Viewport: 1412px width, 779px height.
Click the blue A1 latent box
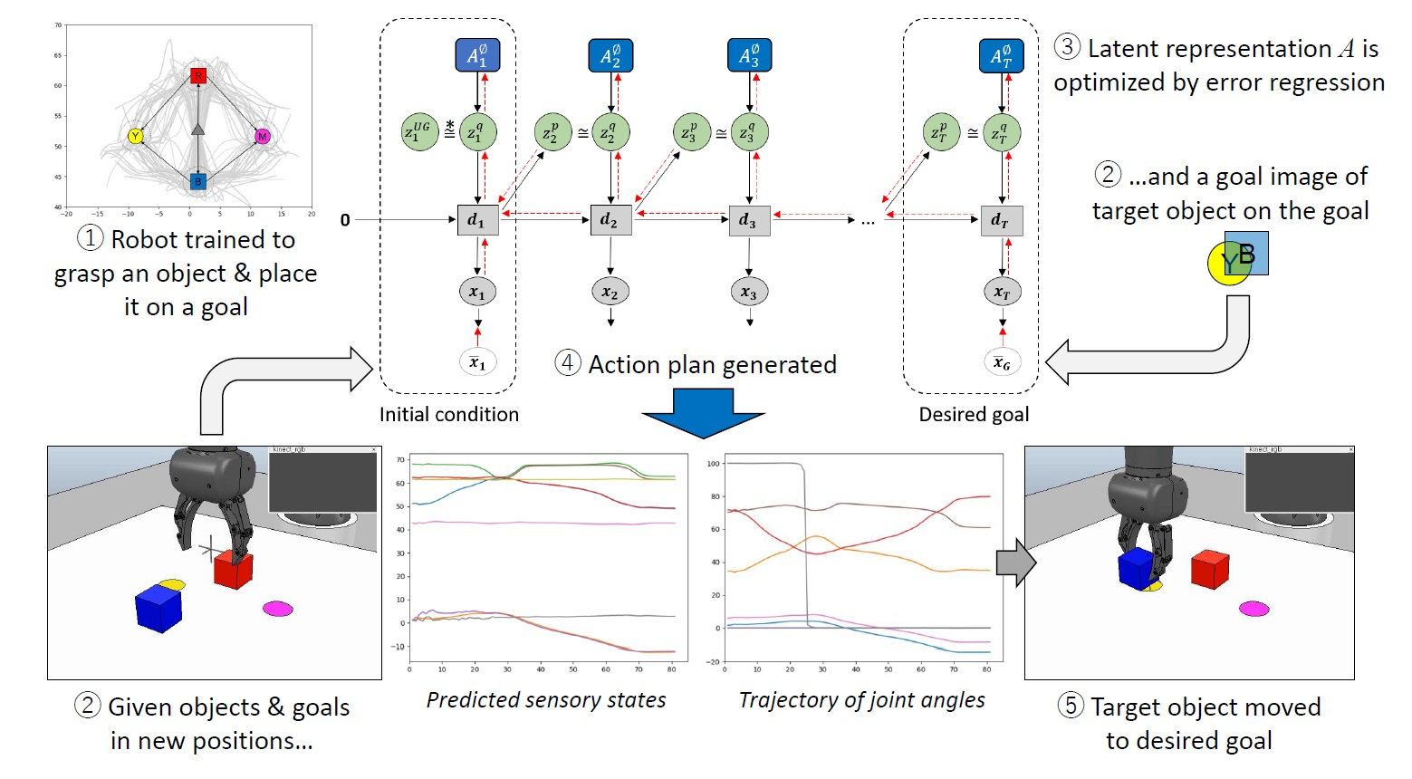pyautogui.click(x=477, y=56)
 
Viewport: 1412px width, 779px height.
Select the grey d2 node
pyautogui.click(x=610, y=220)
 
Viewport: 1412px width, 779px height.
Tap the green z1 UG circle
pyautogui.click(x=419, y=132)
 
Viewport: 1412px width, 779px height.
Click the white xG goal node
pyautogui.click(x=1002, y=362)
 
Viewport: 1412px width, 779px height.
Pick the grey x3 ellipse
pyautogui.click(x=748, y=293)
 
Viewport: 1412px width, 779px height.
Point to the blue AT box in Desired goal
pyautogui.click(x=1001, y=56)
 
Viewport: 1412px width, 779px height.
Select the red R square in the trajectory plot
pyautogui.click(x=198, y=75)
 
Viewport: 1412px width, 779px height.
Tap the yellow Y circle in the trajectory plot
pyautogui.click(x=136, y=137)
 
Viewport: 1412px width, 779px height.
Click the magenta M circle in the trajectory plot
pyautogui.click(x=262, y=137)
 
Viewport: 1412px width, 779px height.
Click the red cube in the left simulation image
pyautogui.click(x=233, y=571)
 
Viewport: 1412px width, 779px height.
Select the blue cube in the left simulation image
pyautogui.click(x=158, y=608)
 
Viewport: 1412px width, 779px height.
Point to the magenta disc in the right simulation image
pyautogui.click(x=1254, y=608)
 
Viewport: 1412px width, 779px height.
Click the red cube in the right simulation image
pyautogui.click(x=1209, y=569)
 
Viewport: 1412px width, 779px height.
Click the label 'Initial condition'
pyautogui.click(x=448, y=414)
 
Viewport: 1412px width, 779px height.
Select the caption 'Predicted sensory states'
pyautogui.click(x=546, y=700)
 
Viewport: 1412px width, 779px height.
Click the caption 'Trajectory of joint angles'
pyautogui.click(x=861, y=700)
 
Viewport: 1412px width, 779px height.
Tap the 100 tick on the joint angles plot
pyautogui.click(x=713, y=464)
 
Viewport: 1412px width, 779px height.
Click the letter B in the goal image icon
pyautogui.click(x=1247, y=255)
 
